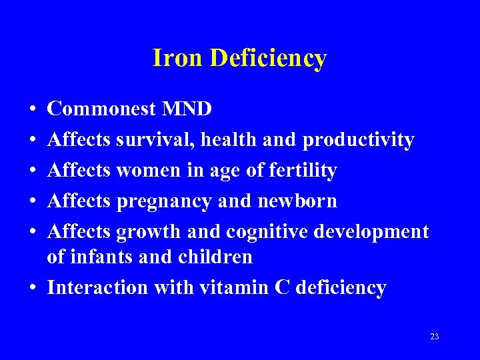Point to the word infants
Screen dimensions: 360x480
105,257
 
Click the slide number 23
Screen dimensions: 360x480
435,337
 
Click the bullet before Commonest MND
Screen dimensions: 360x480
33,109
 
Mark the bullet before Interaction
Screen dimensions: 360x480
33,288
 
